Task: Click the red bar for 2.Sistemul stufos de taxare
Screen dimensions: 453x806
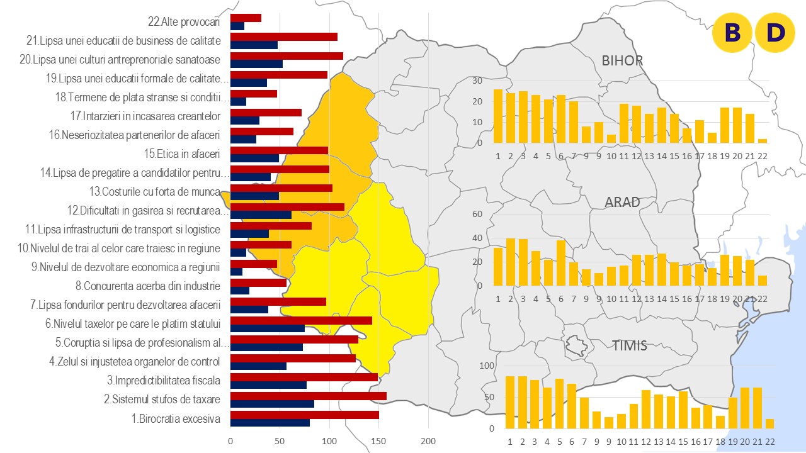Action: click(x=309, y=396)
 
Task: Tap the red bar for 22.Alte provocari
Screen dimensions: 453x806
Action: click(x=246, y=18)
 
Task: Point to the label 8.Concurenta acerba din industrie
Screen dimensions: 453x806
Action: click(x=148, y=286)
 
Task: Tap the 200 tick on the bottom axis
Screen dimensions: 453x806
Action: click(x=428, y=440)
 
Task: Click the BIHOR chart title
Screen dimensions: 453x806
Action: click(x=622, y=61)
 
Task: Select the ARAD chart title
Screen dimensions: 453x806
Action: click(x=622, y=202)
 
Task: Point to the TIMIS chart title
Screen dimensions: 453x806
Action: click(x=629, y=345)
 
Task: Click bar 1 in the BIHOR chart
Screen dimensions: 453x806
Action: click(x=498, y=116)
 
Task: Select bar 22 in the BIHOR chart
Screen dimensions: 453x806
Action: click(x=763, y=141)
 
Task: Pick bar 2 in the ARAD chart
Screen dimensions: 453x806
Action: click(x=511, y=262)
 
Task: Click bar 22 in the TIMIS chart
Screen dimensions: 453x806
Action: click(x=769, y=423)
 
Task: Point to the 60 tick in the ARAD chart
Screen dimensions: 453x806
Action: click(x=477, y=214)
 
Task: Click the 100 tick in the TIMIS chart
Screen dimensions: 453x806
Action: click(x=487, y=366)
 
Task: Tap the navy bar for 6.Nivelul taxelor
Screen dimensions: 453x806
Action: click(x=268, y=328)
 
